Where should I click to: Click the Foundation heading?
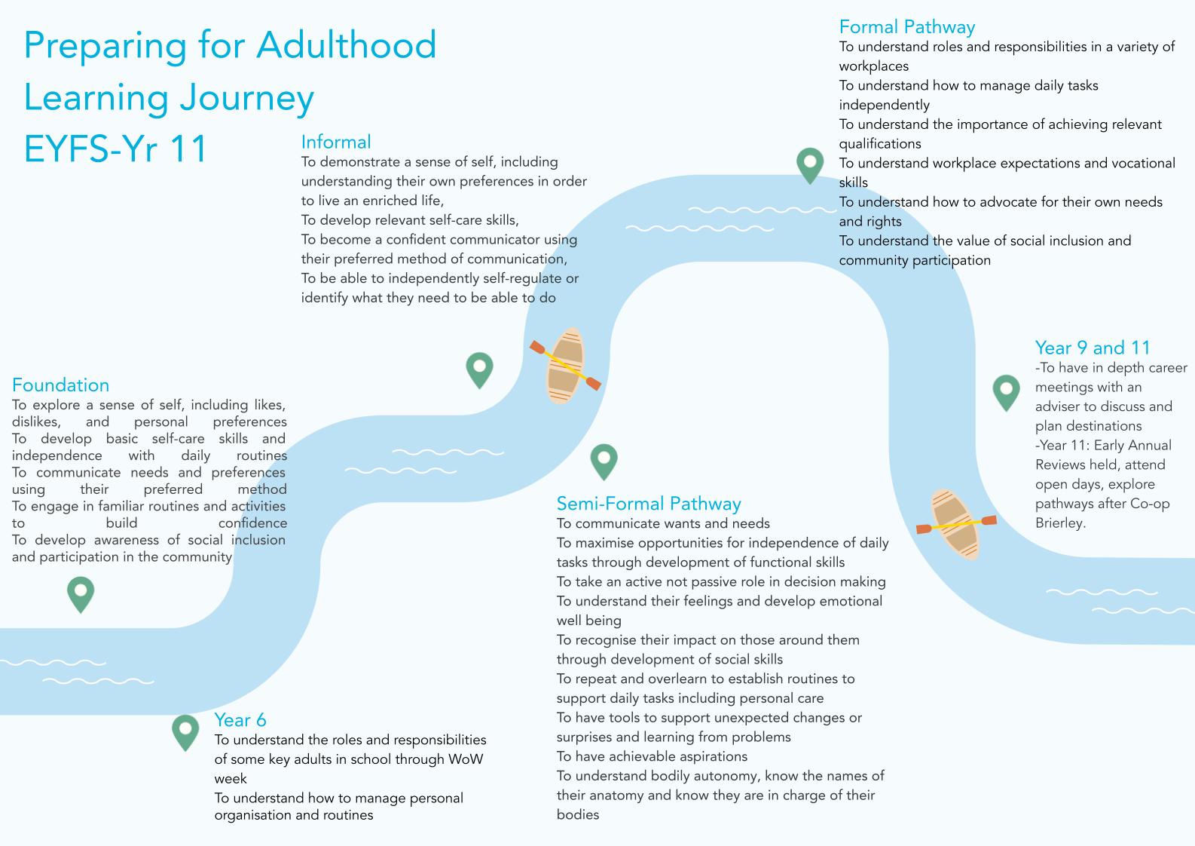click(60, 385)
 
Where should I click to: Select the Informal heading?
click(336, 142)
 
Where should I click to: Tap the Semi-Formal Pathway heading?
click(649, 504)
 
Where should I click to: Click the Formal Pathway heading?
click(907, 27)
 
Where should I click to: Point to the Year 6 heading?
click(240, 719)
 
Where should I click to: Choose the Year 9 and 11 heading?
click(1093, 348)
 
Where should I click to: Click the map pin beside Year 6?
click(185, 731)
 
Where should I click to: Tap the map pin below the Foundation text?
click(81, 593)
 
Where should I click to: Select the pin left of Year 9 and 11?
click(1006, 391)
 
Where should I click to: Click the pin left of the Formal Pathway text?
click(810, 164)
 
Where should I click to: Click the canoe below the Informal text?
click(565, 366)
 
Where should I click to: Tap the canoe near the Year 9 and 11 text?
click(955, 524)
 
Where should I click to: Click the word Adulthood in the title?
click(347, 45)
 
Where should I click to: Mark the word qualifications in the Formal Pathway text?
click(880, 144)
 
